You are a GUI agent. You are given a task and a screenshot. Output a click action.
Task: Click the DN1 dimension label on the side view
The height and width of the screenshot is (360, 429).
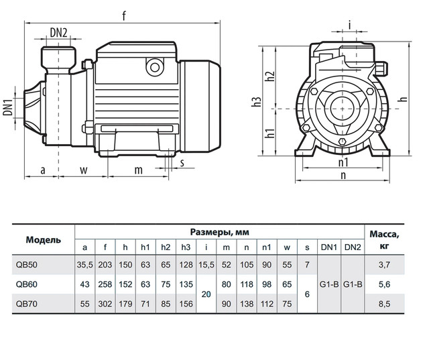8,108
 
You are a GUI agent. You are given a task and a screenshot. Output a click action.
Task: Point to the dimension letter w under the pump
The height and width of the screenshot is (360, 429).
84,170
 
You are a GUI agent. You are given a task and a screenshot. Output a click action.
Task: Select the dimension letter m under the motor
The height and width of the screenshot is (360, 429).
138,170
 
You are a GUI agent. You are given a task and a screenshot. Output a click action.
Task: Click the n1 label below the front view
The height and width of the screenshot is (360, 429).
343,164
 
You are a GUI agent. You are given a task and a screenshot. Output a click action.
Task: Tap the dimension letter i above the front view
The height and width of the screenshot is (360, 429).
350,25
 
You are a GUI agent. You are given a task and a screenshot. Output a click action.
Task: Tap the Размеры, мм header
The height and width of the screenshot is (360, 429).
219,232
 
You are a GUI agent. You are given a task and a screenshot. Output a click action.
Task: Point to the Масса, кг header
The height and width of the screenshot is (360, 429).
385,239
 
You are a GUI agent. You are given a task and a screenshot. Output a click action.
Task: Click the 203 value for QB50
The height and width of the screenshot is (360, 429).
105,264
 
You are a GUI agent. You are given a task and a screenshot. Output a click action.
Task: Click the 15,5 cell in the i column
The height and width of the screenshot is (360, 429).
206,264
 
